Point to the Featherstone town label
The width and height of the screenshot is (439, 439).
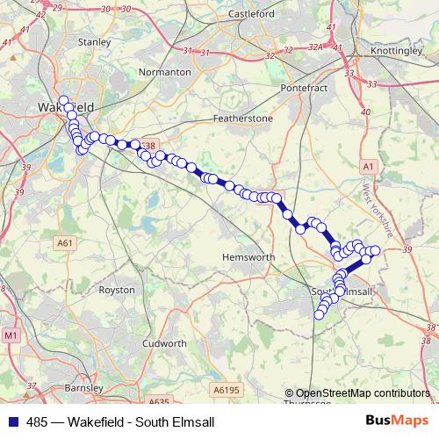(x=243, y=118)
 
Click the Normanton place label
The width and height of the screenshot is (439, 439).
(x=165, y=72)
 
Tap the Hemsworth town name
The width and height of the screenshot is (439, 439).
(x=250, y=257)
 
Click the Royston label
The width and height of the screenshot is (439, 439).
(x=117, y=289)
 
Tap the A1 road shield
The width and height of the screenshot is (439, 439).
(x=367, y=166)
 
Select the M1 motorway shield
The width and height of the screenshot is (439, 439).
(x=11, y=335)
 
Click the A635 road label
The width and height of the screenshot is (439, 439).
(x=159, y=402)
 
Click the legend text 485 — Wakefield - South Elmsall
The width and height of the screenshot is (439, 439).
(x=120, y=422)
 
